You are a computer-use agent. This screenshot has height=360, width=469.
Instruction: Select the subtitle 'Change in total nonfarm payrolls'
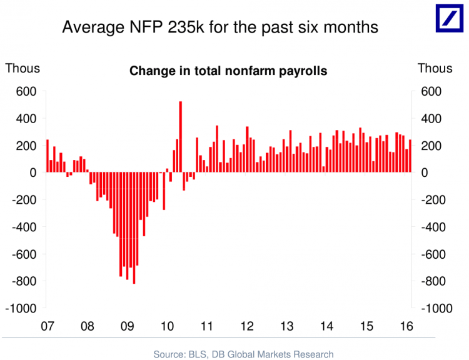pyautogui.click(x=228, y=71)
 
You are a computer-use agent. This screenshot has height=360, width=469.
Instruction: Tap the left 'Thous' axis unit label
pyautogui.click(x=23, y=68)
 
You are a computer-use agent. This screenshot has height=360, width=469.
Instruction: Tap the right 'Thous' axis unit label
pyautogui.click(x=435, y=68)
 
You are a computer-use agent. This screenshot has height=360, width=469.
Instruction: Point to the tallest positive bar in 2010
pyautogui.click(x=180, y=136)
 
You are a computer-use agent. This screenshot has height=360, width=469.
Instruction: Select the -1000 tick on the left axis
pyautogui.click(x=22, y=309)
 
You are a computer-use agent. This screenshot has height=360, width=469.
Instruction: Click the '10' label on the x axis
pyautogui.click(x=166, y=326)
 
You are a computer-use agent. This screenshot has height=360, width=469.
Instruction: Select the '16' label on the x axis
pyautogui.click(x=406, y=326)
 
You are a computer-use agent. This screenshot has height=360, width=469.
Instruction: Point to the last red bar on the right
pyautogui.click(x=410, y=156)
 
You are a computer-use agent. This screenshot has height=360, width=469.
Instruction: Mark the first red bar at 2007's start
pyautogui.click(x=47, y=156)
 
